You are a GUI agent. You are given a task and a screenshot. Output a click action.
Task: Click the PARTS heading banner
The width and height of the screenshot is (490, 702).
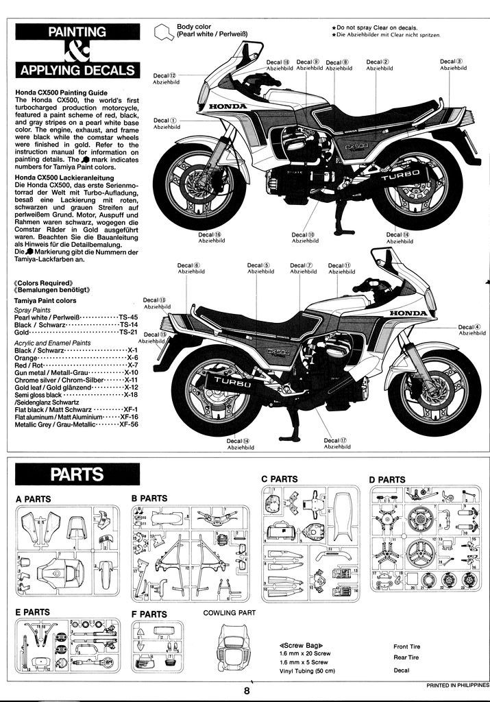coord(77,474)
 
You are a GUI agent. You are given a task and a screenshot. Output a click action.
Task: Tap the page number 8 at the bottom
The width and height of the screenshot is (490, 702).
coord(246,691)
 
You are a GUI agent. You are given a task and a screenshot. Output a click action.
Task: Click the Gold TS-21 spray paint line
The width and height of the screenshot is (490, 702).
coord(76,332)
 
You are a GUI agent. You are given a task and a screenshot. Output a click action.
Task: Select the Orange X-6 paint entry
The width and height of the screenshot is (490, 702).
coord(76,358)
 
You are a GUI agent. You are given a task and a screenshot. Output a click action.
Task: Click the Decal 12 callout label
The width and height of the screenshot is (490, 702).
coord(164,78)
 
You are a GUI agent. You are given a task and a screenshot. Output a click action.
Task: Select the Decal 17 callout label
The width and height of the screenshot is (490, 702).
coord(336,443)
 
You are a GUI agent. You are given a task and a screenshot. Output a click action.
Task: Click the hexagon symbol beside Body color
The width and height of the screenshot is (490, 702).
coord(163,31)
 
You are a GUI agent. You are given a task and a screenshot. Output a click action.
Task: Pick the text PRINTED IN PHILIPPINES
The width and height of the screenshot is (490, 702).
coord(457,685)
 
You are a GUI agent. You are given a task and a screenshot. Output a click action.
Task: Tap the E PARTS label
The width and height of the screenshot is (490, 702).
coord(32,612)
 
